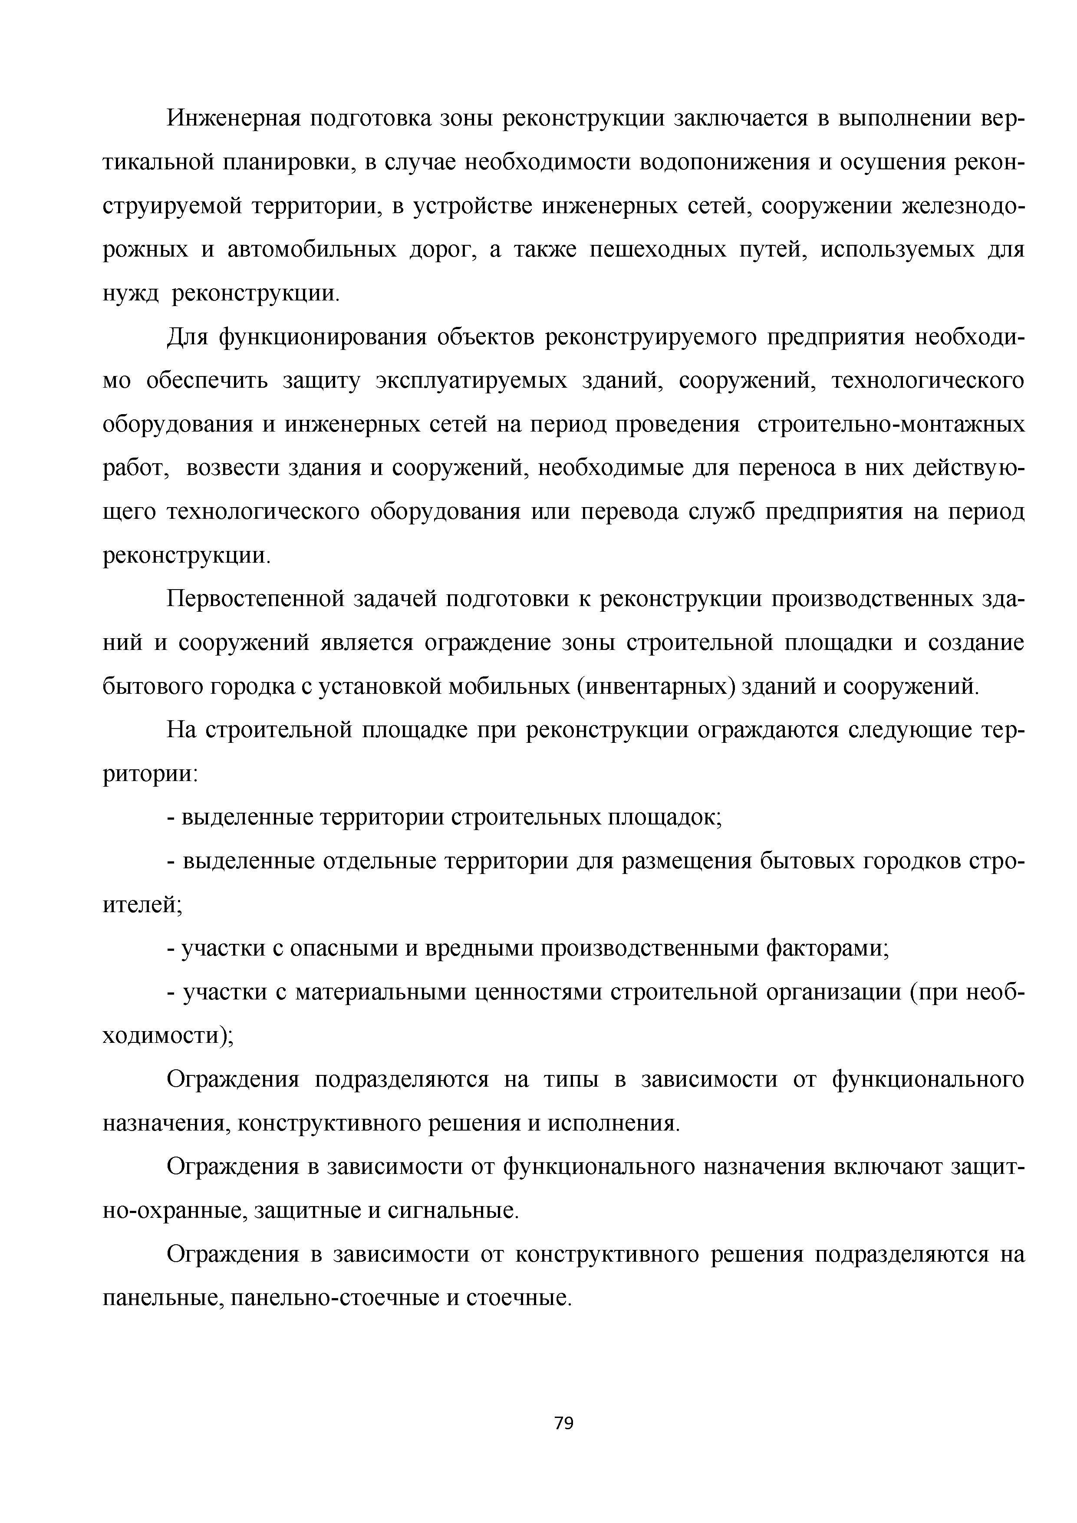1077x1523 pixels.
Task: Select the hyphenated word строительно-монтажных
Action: coord(891,425)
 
